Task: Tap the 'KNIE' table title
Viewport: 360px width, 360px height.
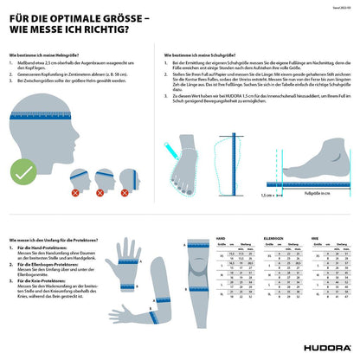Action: click(314, 237)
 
